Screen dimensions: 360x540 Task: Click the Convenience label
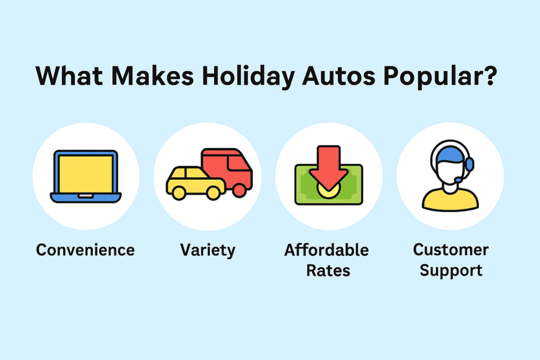[85, 249]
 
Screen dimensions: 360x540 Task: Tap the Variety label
[208, 250]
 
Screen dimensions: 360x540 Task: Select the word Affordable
[326, 249]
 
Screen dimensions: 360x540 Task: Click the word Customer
[450, 249]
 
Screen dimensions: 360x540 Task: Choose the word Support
[450, 271]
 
